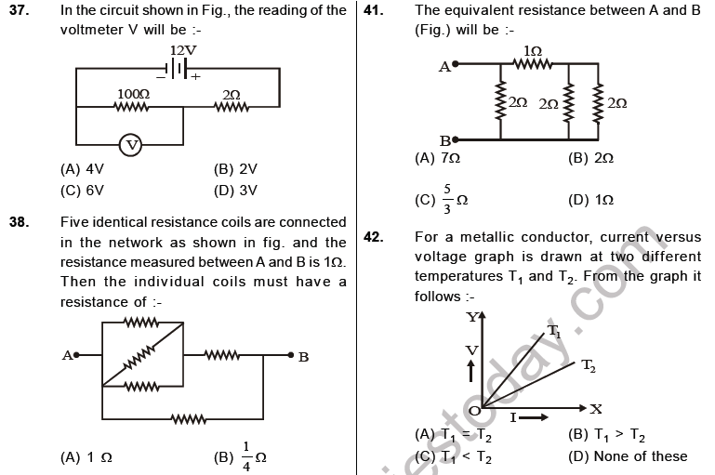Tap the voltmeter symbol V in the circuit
coord(132,145)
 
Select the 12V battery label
coord(183,49)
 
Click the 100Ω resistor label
coord(133,94)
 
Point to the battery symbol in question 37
coord(178,68)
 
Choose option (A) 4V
coord(82,169)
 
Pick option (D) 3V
coord(235,191)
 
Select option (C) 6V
coord(82,191)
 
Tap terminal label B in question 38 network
coord(303,355)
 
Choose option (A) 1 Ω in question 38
coord(86,457)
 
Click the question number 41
coord(374,10)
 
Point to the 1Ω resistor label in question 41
coord(533,50)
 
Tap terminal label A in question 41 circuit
coord(444,67)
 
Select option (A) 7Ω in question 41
coord(438,159)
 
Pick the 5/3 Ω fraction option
coord(442,199)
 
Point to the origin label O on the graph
coord(473,410)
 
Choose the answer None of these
coord(628,455)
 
